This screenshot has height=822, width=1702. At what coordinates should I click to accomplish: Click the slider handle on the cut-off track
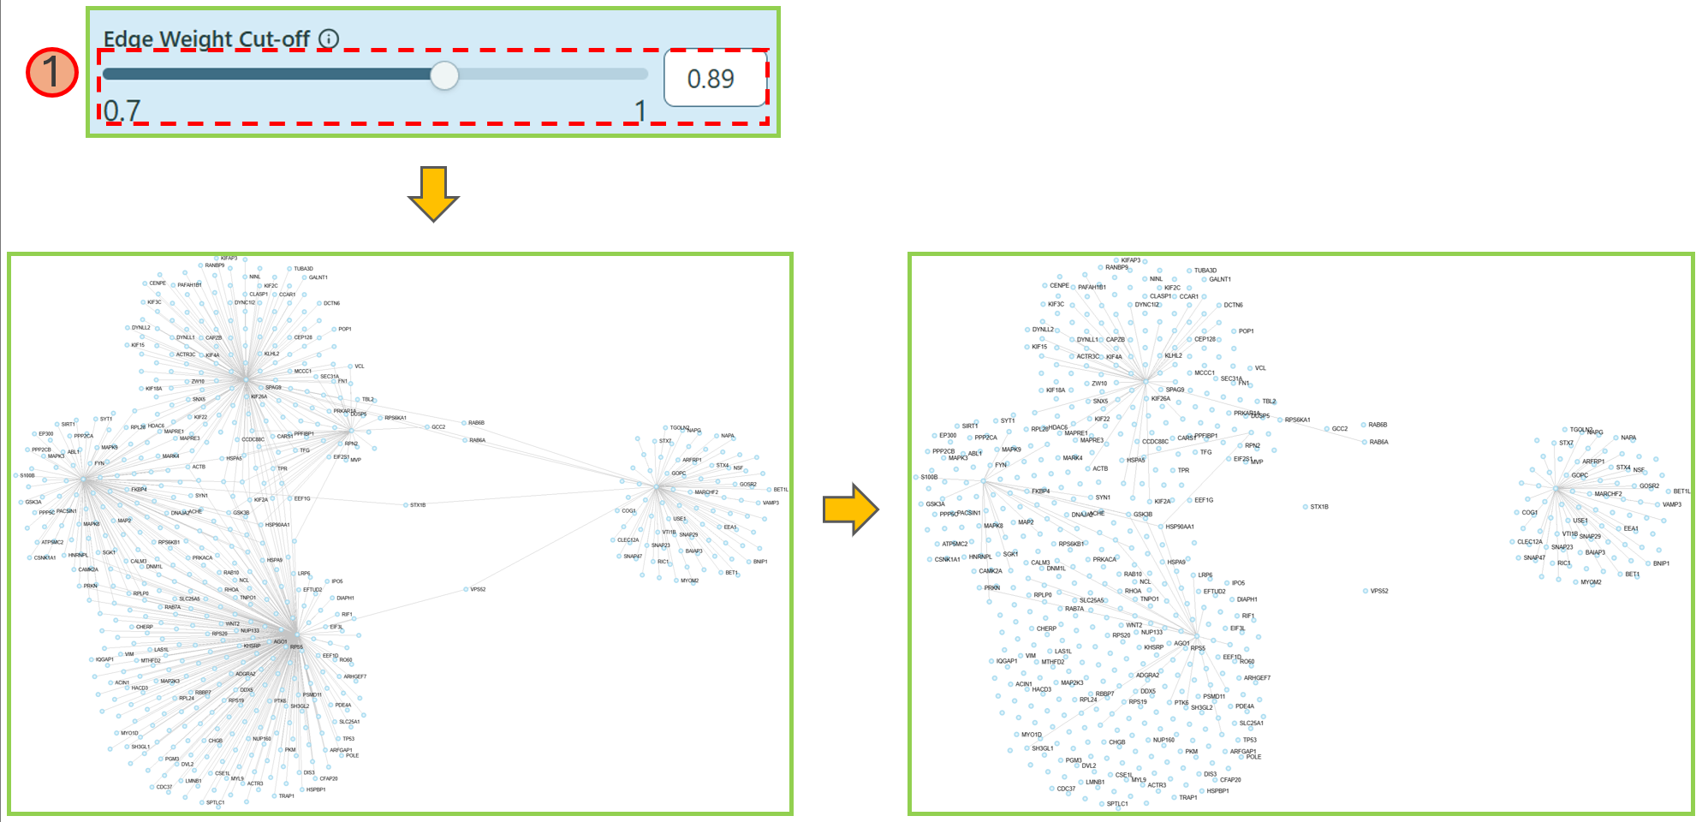tap(444, 75)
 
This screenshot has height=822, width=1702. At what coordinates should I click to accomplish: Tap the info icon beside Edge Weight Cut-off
tap(329, 39)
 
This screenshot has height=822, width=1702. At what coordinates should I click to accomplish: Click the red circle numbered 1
tap(51, 72)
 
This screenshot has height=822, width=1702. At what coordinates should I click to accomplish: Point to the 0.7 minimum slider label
tap(122, 110)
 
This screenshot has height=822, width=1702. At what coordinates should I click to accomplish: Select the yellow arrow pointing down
tap(433, 194)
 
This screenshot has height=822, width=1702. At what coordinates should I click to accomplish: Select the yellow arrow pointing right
tap(850, 509)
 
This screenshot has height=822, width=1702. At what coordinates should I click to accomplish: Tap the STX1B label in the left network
tap(418, 505)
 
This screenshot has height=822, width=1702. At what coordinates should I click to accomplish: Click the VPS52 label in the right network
tap(1379, 591)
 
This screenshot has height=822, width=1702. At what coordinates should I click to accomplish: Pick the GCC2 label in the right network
tap(1340, 429)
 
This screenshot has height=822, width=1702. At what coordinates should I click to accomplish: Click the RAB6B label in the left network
tap(476, 423)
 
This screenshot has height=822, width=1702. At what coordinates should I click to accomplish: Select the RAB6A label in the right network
tap(1378, 443)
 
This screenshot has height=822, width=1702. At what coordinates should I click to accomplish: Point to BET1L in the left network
tap(781, 490)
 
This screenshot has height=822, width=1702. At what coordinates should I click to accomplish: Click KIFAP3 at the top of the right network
tap(1130, 260)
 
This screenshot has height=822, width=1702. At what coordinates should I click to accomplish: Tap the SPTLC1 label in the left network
tap(215, 802)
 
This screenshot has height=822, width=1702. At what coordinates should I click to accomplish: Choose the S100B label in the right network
tap(929, 477)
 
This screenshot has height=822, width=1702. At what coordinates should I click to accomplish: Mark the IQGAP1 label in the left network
tap(104, 659)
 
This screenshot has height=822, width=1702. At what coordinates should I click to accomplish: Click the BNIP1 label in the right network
tap(1661, 563)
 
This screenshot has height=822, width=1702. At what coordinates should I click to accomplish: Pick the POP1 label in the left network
tap(345, 329)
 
